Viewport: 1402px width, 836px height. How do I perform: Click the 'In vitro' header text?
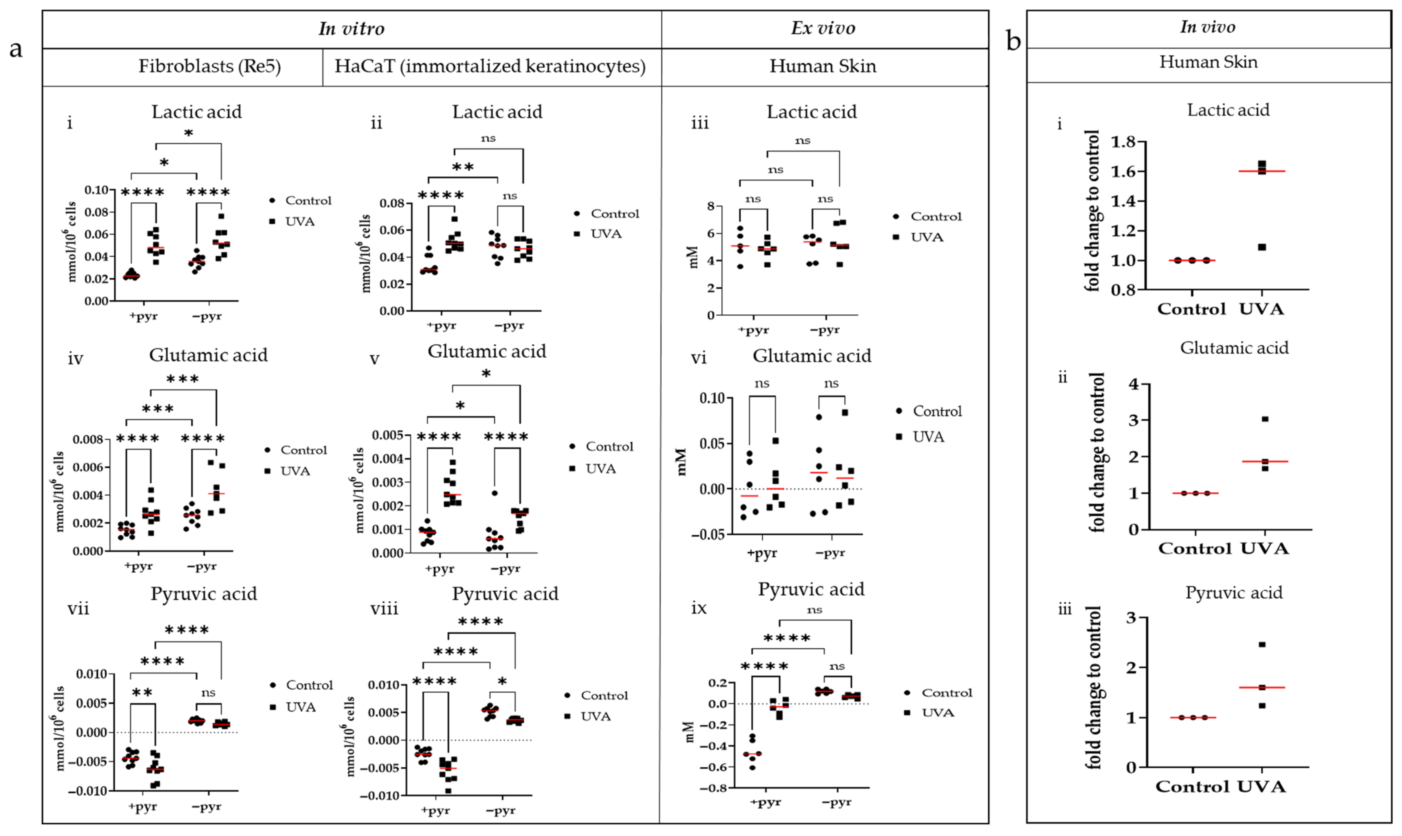pyautogui.click(x=352, y=29)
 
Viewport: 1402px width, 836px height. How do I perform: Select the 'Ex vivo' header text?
pyautogui.click(x=823, y=28)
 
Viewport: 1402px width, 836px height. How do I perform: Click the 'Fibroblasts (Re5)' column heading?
pyautogui.click(x=209, y=66)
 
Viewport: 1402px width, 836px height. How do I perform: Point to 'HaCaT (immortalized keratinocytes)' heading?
pyautogui.click(x=489, y=66)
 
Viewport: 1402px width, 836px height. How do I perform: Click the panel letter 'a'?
pyautogui.click(x=16, y=49)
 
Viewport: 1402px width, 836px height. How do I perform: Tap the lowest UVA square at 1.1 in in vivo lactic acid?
pyautogui.click(x=1262, y=247)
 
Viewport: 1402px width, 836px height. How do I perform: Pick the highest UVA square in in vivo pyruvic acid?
pyautogui.click(x=1262, y=644)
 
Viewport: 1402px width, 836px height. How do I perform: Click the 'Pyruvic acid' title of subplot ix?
pyautogui.click(x=811, y=589)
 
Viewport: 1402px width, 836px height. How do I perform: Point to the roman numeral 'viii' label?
pyautogui.click(x=384, y=609)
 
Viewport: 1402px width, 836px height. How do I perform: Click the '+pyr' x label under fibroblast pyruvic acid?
pyautogui.click(x=142, y=807)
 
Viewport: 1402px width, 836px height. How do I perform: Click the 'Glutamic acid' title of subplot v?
pyautogui.click(x=487, y=351)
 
